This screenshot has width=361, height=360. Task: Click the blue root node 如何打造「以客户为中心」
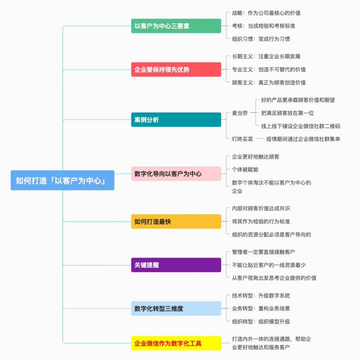coord(63,180)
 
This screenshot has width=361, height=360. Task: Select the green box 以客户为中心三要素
coord(176,26)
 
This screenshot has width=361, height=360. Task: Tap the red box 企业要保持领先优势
coord(176,69)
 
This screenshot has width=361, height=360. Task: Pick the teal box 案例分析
coord(176,120)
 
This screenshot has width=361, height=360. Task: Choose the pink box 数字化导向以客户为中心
coord(176,174)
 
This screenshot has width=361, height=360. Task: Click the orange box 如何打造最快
coord(176,221)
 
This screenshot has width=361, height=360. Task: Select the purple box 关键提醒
coord(176,265)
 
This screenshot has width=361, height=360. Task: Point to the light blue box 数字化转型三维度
coord(176,309)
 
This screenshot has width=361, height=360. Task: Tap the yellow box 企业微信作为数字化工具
coord(176,343)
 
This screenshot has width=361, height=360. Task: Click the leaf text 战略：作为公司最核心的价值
coord(266,13)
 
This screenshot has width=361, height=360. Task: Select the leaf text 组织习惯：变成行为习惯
coord(261,39)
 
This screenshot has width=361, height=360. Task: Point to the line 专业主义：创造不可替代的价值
coord(269,69)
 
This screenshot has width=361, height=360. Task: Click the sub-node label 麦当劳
coord(240,113)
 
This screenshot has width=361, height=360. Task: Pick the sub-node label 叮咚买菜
coord(242,139)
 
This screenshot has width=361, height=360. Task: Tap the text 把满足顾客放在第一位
coord(287,113)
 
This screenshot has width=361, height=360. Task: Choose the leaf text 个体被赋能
coord(245,170)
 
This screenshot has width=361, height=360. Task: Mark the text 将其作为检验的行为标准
coord(261,221)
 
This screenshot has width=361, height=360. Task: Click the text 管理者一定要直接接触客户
coord(263,252)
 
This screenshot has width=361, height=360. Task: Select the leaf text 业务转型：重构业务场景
coord(261,309)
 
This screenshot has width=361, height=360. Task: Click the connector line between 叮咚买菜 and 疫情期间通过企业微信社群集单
coord(260,139)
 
